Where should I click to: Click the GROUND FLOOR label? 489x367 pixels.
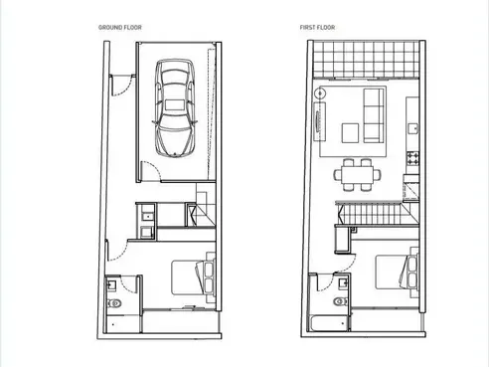[x=120, y=28]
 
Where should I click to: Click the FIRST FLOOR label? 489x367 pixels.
[x=317, y=28]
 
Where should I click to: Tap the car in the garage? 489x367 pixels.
[x=175, y=107]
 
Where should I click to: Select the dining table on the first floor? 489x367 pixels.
[x=357, y=174]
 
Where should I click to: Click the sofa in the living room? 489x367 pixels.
[x=374, y=115]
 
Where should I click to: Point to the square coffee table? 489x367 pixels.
[x=350, y=133]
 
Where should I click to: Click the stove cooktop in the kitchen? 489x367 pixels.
[x=412, y=158]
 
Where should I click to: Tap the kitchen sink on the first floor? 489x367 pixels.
[x=413, y=128]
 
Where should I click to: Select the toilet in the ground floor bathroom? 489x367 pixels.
[x=114, y=302]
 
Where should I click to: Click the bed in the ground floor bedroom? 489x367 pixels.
[x=193, y=277]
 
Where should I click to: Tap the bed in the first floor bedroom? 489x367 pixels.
[x=397, y=273]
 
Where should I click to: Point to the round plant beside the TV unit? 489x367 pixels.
[x=320, y=93]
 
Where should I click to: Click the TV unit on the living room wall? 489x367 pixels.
[x=320, y=121]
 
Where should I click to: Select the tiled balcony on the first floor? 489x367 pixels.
[x=366, y=60]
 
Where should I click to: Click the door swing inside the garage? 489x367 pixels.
[x=151, y=171]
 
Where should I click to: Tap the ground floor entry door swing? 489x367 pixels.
[x=123, y=87]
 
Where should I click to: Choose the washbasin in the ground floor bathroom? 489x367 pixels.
[x=112, y=284]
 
